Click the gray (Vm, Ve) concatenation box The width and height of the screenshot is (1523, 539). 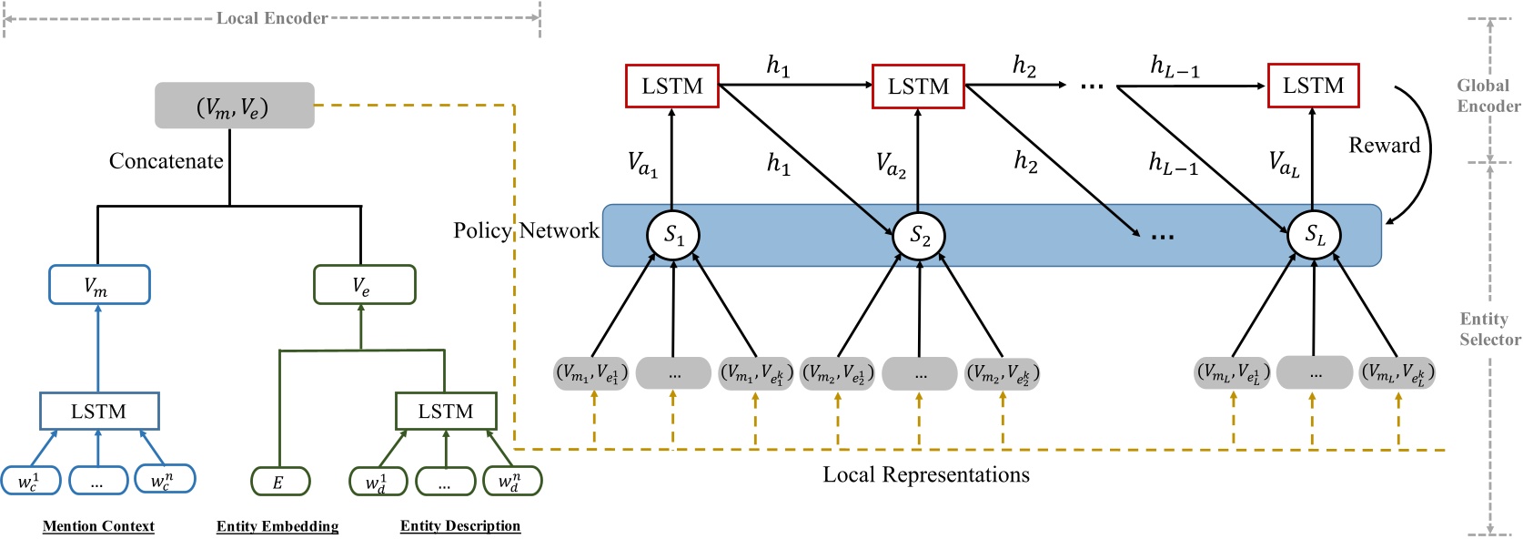(x=234, y=106)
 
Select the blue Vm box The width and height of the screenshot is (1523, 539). (x=98, y=285)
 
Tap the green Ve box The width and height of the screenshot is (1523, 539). (x=364, y=285)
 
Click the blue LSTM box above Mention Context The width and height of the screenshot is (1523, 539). (x=99, y=412)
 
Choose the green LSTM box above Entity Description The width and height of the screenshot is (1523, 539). (x=446, y=412)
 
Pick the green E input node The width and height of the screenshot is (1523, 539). (x=280, y=482)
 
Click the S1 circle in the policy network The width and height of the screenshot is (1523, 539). (x=673, y=235)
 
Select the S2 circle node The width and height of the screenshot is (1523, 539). (x=920, y=236)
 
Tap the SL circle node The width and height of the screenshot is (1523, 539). (x=1315, y=235)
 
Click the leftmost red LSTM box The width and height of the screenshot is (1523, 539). (x=672, y=86)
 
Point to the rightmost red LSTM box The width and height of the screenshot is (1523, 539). (x=1313, y=86)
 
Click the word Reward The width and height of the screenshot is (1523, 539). (x=1384, y=146)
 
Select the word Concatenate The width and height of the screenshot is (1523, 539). (x=166, y=161)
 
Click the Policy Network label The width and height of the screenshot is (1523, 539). (x=526, y=230)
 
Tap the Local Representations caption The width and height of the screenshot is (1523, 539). (x=926, y=474)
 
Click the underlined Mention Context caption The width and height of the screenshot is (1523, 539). (x=98, y=526)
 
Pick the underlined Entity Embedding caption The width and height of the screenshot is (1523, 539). (x=277, y=526)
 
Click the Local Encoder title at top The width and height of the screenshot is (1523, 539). (x=271, y=18)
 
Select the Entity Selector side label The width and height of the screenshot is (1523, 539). (x=1489, y=329)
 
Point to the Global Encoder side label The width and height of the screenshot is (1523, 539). (x=1488, y=96)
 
